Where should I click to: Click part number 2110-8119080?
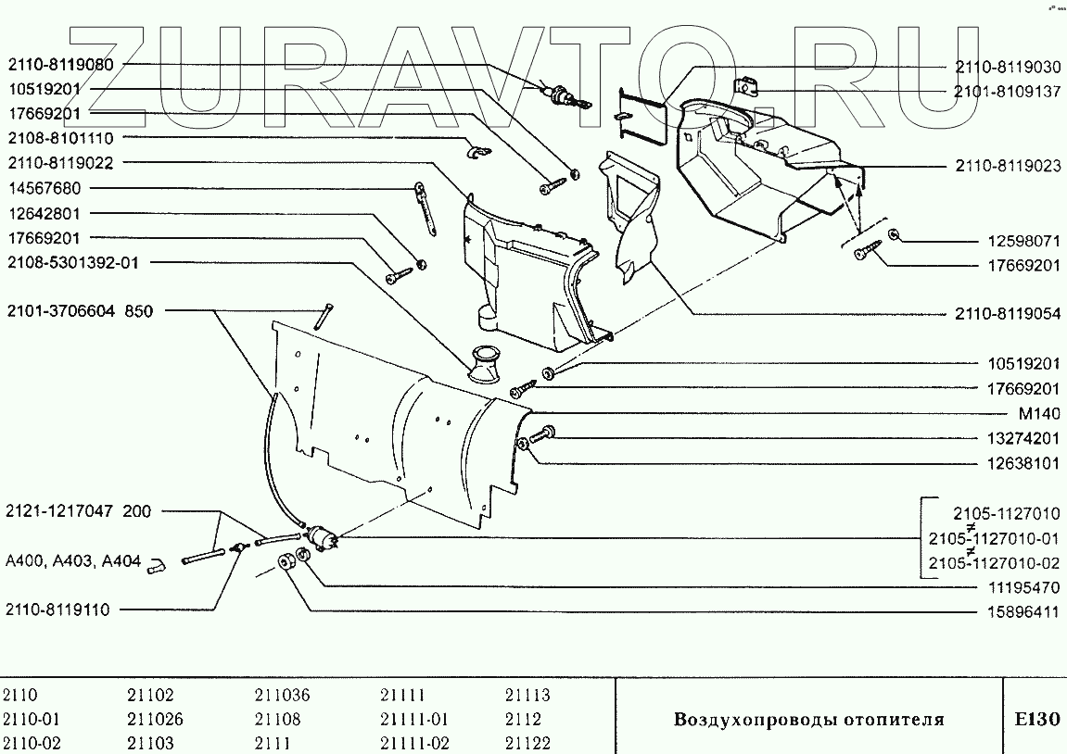61,66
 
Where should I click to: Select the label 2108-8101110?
61,138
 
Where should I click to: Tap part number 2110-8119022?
61,163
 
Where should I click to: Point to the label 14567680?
44,188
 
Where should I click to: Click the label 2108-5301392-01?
73,262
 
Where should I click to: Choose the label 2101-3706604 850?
79,311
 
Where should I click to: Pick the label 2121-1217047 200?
78,511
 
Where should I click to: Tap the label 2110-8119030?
1007,68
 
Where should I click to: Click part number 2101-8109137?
1007,92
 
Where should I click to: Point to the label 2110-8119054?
1007,314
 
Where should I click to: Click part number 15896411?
1022,612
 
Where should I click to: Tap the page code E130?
1035,719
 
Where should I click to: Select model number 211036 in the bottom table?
282,696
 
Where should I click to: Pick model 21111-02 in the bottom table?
414,743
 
